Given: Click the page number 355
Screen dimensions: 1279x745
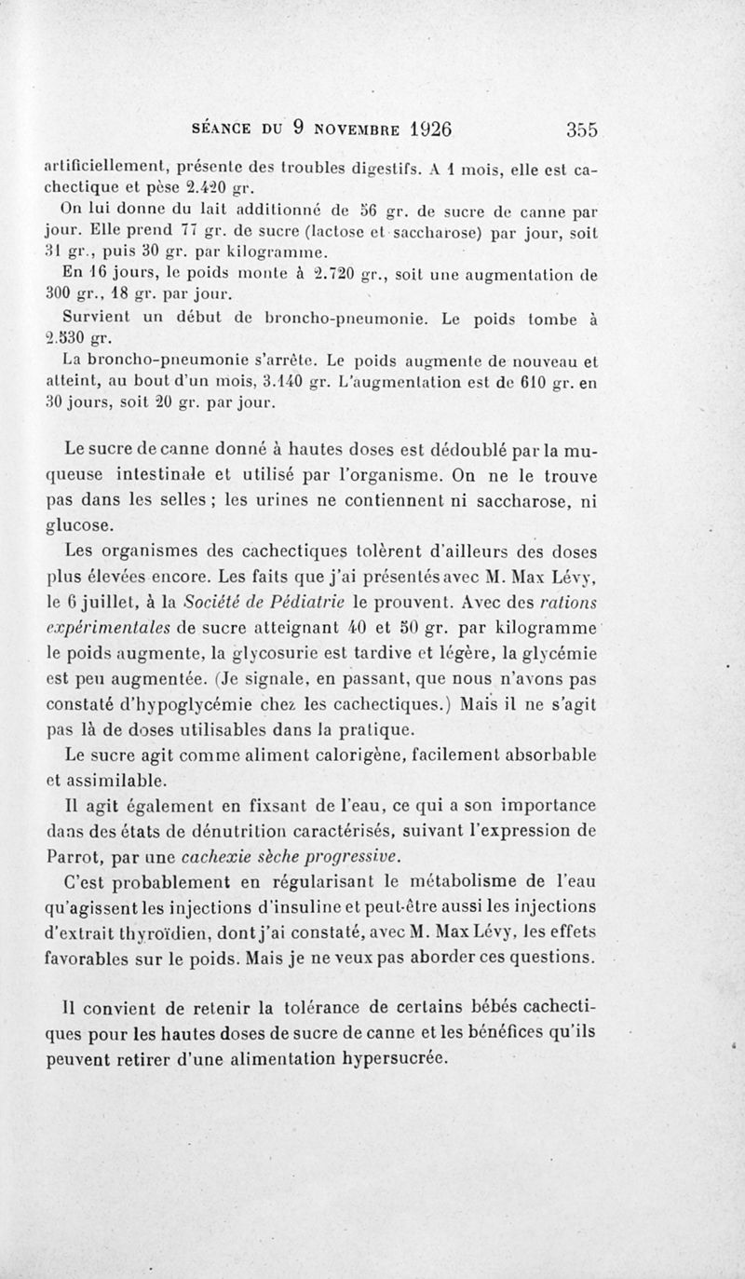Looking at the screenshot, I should click(x=579, y=129).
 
